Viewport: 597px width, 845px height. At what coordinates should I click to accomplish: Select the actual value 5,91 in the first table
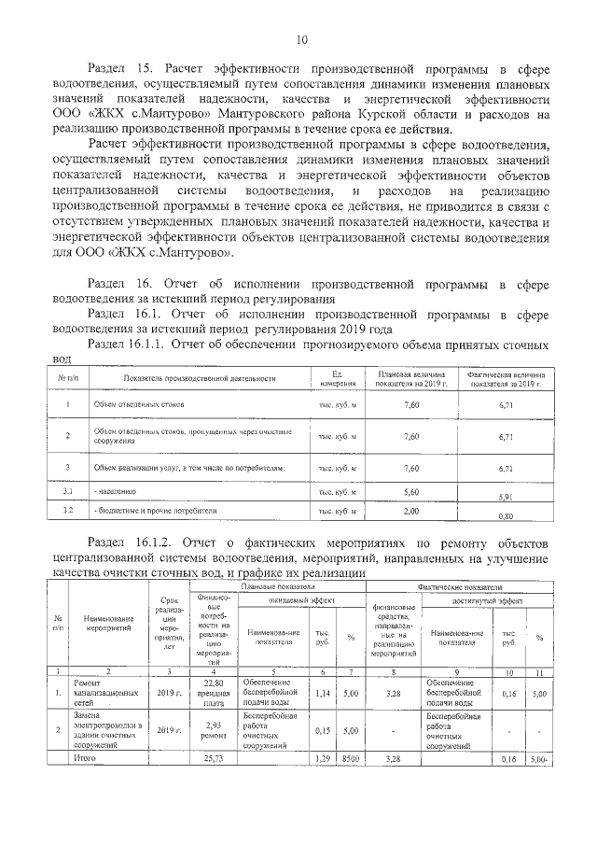507,497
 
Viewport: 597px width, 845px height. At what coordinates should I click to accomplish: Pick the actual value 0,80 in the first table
507,516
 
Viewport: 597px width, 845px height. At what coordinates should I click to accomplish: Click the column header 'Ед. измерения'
338,378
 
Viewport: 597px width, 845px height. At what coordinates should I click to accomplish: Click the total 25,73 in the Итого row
215,759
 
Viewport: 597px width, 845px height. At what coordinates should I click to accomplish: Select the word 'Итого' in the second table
85,759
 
